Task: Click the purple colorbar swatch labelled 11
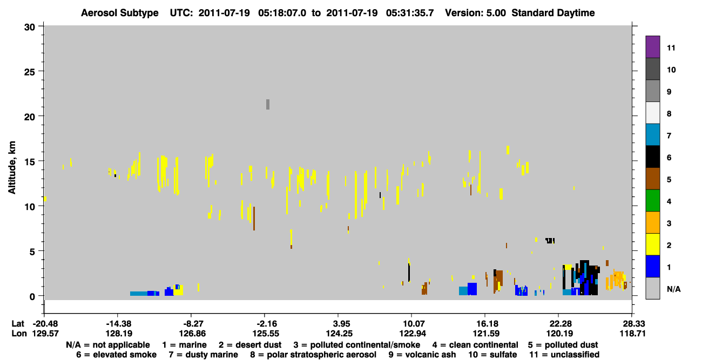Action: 652,47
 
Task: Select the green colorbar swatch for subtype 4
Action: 652,201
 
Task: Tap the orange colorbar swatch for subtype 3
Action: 652,222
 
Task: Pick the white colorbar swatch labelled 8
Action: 652,113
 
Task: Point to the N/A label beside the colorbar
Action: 673,289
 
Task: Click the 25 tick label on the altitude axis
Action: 30,72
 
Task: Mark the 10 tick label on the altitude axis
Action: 30,207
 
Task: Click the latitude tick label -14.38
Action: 119,324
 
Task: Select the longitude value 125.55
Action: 266,334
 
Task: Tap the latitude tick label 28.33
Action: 632,324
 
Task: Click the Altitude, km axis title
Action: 12,168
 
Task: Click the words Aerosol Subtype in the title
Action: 120,13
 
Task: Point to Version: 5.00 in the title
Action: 475,13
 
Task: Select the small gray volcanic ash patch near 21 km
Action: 268,104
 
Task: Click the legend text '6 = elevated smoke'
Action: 116,355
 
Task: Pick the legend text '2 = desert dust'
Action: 250,345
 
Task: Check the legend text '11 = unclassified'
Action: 564,355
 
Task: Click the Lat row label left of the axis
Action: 18,324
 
